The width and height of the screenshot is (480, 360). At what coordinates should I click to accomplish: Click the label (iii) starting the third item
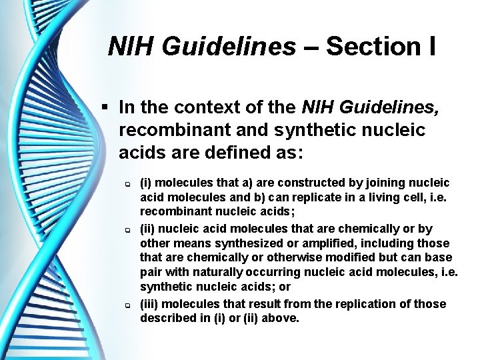[x=149, y=303]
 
